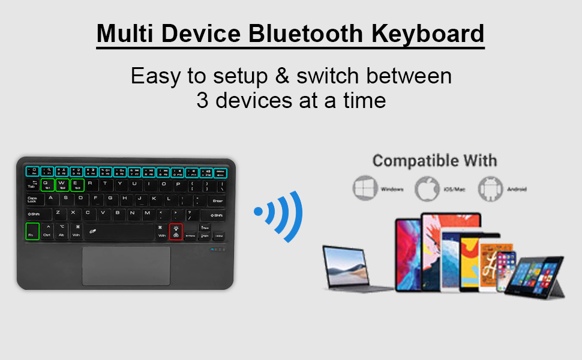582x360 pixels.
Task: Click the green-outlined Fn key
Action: coord(33,231)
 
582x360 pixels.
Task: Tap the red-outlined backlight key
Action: coord(176,231)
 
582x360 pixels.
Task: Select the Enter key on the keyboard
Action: coord(217,200)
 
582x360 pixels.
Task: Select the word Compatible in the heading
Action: coord(407,161)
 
